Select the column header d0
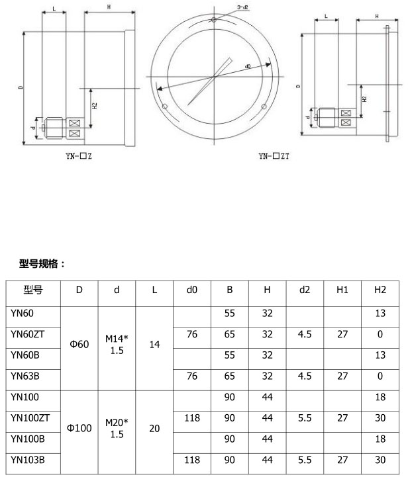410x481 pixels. pos(191,290)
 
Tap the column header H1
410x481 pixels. pos(342,290)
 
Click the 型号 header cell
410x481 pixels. pos(33,290)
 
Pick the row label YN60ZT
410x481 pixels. pos(27,334)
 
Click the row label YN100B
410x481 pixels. pos(26,439)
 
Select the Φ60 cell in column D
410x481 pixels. pos(79,345)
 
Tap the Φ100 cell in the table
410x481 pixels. pos(79,428)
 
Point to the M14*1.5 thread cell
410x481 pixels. pos(117,345)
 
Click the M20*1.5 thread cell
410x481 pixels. pos(117,428)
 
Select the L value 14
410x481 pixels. pos(154,345)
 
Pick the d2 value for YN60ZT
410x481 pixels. pos(305,334)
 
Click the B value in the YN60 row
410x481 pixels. pos(229,314)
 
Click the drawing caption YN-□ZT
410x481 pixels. pos(274,157)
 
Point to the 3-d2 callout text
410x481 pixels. pos(242,7)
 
